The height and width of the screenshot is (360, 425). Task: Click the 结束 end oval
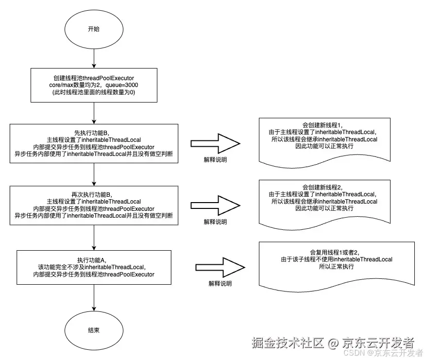click(x=94, y=330)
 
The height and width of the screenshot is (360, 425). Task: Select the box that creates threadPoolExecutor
click(x=94, y=85)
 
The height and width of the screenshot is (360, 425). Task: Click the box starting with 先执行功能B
click(x=94, y=143)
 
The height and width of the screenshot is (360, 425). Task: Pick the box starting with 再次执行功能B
click(x=94, y=205)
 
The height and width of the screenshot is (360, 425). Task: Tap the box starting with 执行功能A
click(x=94, y=267)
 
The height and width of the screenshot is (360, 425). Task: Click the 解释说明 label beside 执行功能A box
click(x=220, y=284)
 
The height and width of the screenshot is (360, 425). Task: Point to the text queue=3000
click(x=125, y=85)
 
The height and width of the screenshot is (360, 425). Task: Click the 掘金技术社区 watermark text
click(x=288, y=343)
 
